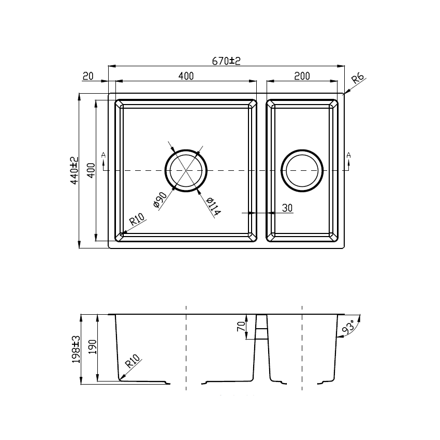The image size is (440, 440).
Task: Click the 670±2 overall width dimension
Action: pyautogui.click(x=227, y=61)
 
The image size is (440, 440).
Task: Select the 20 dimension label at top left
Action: pyautogui.click(x=88, y=77)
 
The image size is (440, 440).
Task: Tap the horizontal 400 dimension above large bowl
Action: pyautogui.click(x=185, y=76)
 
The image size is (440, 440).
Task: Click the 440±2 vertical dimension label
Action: pyautogui.click(x=74, y=171)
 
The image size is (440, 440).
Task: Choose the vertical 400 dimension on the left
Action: pyautogui.click(x=91, y=170)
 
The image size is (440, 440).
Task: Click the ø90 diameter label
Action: pyautogui.click(x=160, y=200)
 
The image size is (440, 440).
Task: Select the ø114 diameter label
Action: pyautogui.click(x=212, y=206)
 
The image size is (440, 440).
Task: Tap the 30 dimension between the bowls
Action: pyautogui.click(x=287, y=208)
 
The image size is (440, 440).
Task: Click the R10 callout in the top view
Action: pyautogui.click(x=136, y=221)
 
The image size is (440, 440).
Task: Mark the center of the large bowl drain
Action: pyautogui.click(x=186, y=170)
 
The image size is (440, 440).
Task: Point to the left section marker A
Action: pyautogui.click(x=104, y=155)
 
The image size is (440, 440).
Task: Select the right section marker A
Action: pyautogui.click(x=348, y=155)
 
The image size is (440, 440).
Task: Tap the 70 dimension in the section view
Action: pyautogui.click(x=240, y=327)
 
